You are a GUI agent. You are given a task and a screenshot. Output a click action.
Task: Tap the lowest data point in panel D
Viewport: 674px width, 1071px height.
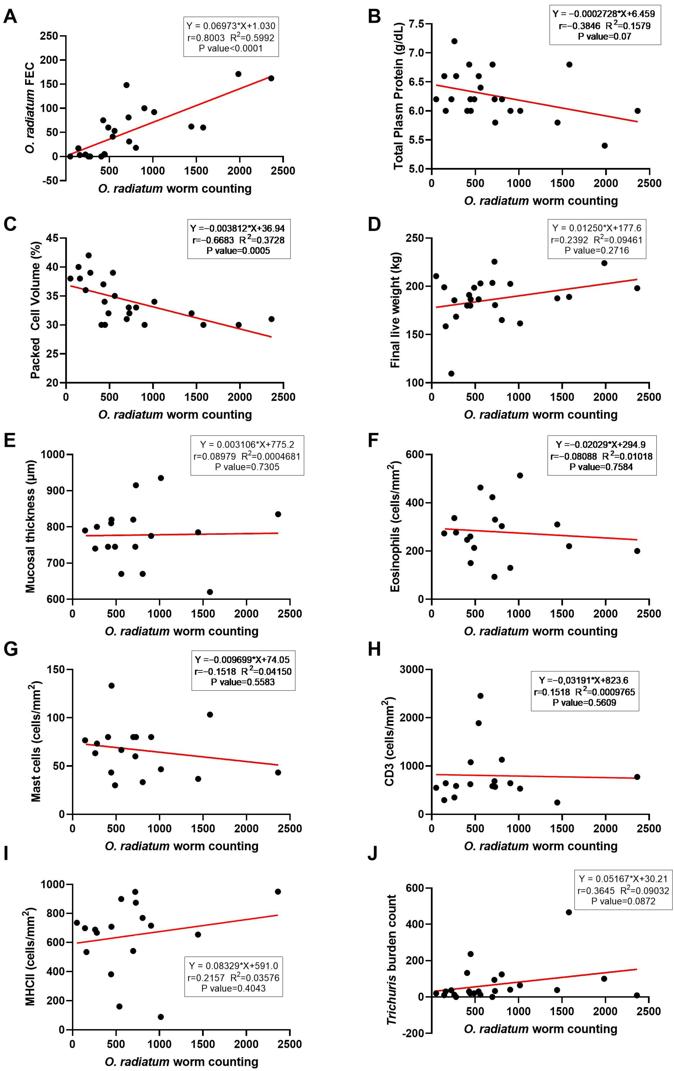tap(451, 373)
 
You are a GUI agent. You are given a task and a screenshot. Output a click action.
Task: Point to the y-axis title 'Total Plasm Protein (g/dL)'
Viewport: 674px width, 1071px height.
tap(398, 95)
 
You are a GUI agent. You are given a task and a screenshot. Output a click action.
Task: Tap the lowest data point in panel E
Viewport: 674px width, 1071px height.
tap(210, 592)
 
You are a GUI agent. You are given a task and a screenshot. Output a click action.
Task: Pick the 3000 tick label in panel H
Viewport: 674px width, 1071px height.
tap(411, 669)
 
